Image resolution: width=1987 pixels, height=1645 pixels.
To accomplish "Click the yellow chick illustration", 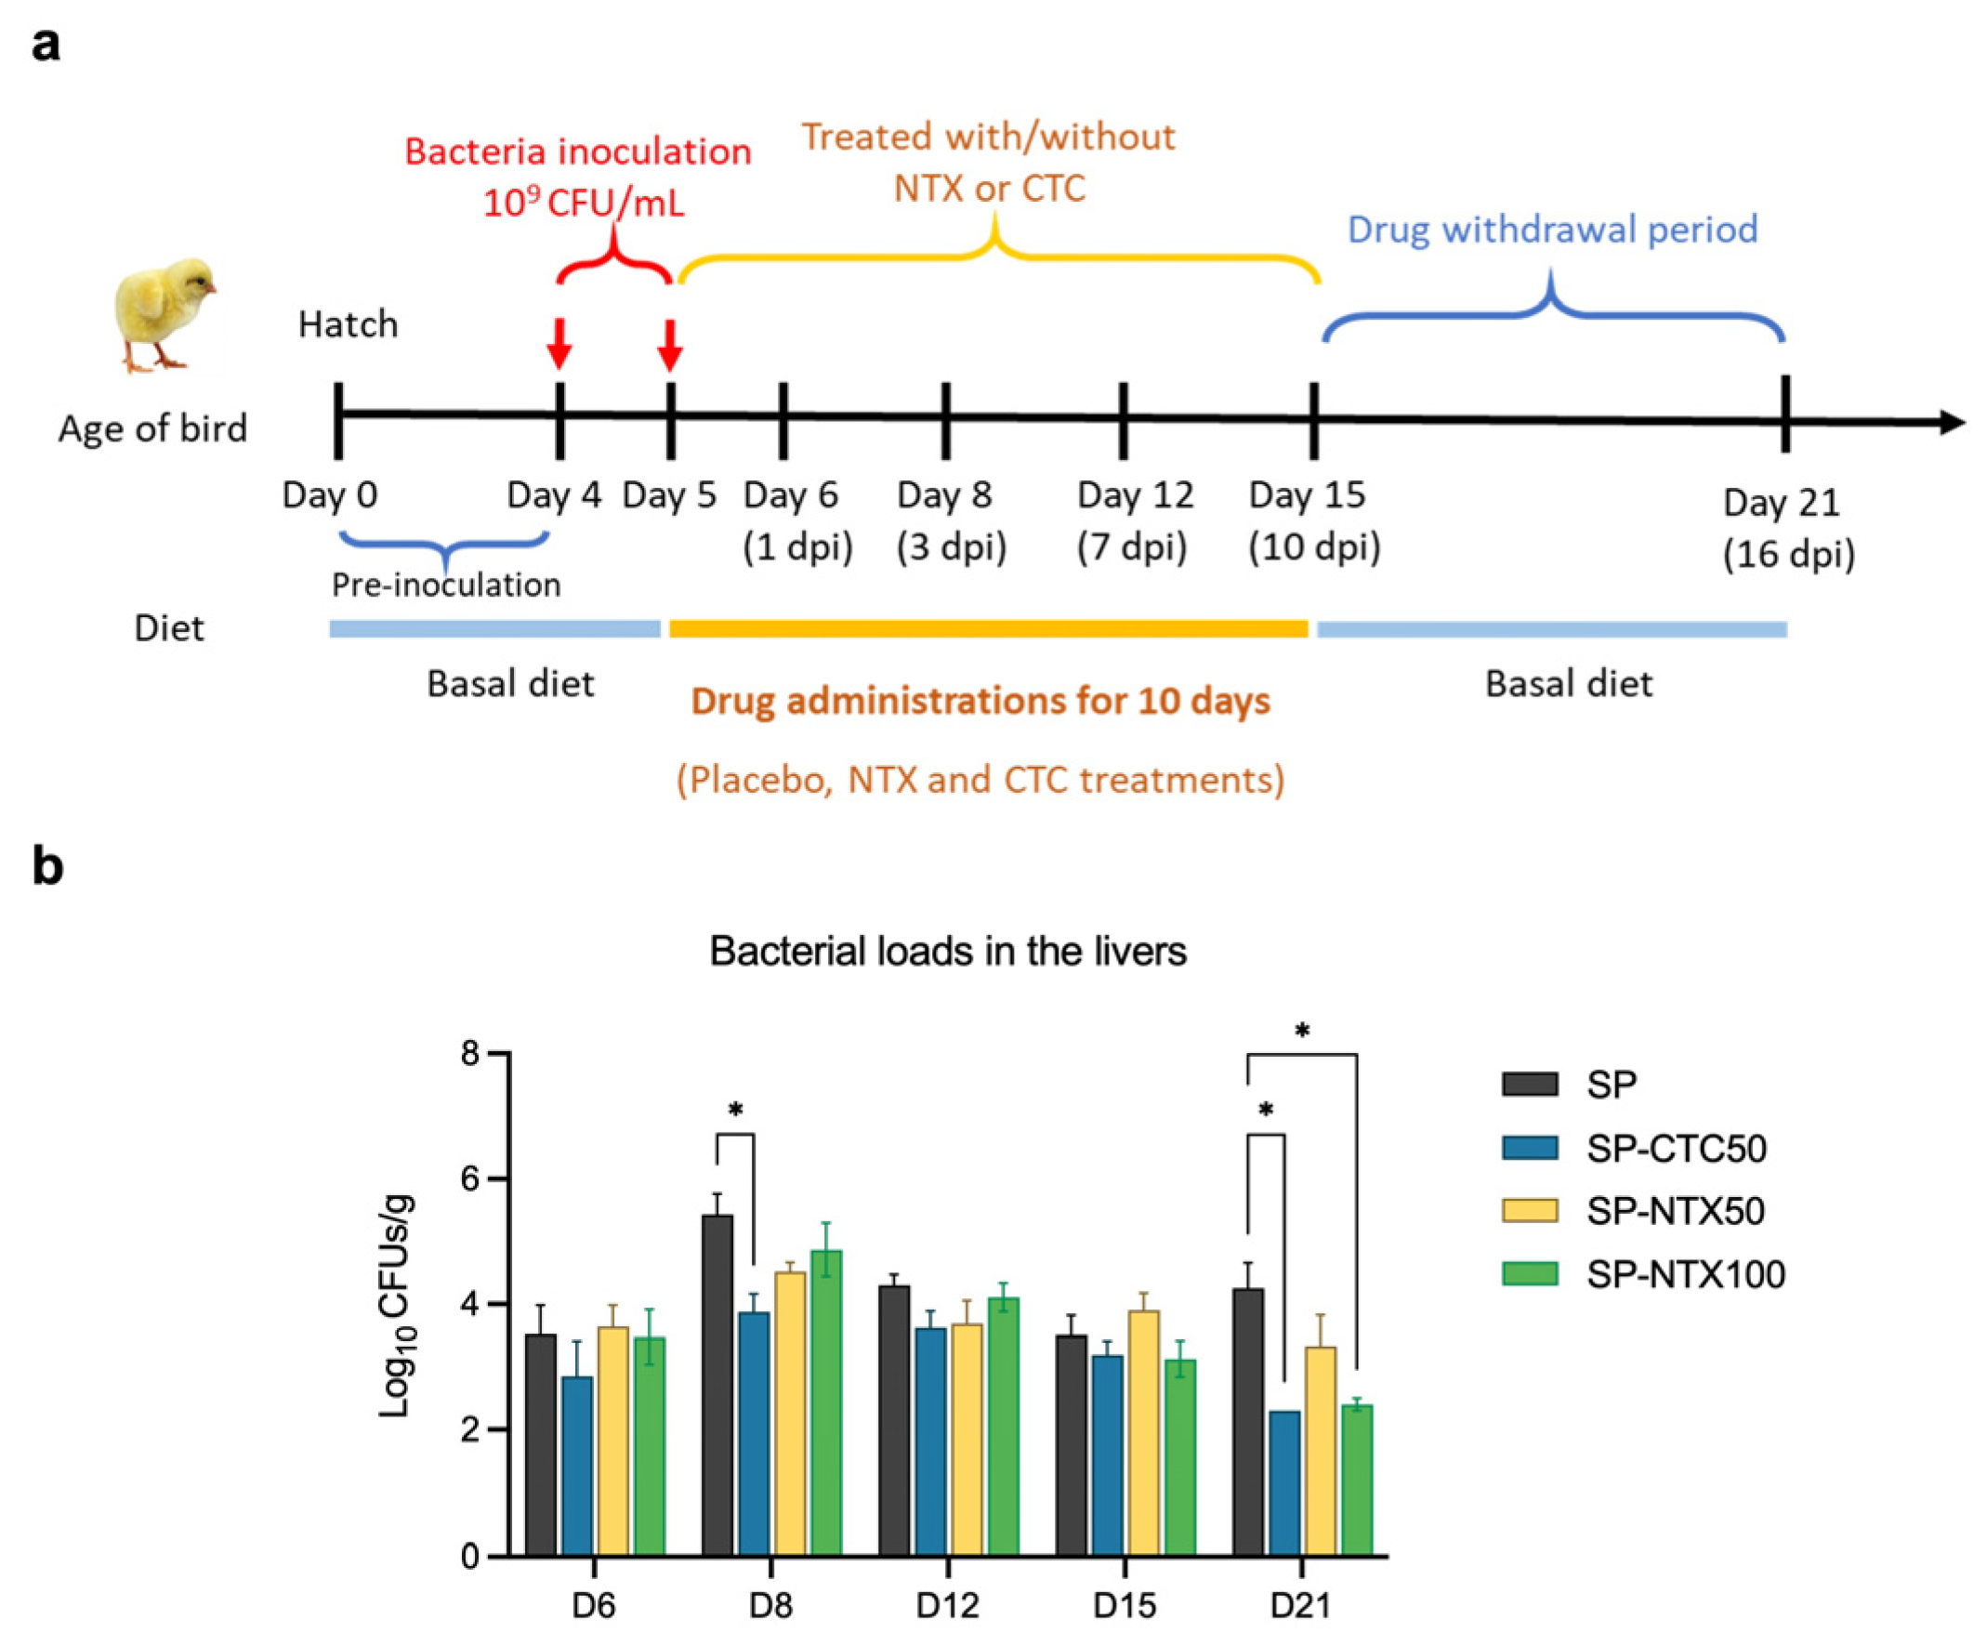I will click(x=163, y=314).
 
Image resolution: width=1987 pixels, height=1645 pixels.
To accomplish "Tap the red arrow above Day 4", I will click(x=559, y=343).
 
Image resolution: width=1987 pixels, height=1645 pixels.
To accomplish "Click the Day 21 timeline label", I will click(x=1781, y=503).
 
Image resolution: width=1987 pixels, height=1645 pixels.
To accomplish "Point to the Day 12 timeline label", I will click(x=1136, y=494).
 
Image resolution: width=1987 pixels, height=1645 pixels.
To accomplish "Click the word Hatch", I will click(x=348, y=324).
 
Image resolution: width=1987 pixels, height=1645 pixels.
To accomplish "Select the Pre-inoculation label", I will click(x=446, y=585).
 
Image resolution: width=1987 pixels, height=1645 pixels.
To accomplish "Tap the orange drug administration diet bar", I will click(x=989, y=629).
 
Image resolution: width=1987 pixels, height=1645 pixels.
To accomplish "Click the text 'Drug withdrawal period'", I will click(x=1552, y=230).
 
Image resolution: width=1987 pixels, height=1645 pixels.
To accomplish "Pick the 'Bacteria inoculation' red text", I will click(x=578, y=151).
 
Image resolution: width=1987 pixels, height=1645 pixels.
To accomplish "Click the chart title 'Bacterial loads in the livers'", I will click(x=947, y=951).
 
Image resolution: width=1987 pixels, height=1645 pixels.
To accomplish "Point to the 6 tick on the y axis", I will click(x=470, y=1178).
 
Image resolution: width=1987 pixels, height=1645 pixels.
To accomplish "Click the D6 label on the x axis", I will click(x=593, y=1604).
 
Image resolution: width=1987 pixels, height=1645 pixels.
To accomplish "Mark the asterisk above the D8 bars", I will click(x=735, y=1110).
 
